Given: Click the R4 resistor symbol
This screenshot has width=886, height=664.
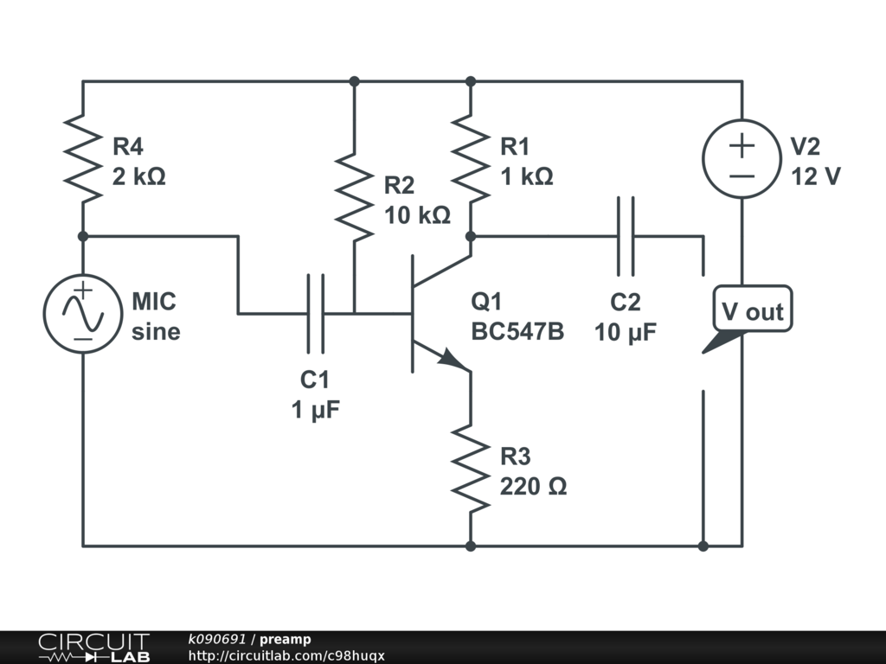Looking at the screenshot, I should [83, 158].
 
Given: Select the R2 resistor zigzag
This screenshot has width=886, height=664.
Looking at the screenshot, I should [355, 196].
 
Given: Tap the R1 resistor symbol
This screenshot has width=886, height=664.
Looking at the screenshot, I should [471, 158].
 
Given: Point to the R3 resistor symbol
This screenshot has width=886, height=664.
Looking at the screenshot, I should [471, 469].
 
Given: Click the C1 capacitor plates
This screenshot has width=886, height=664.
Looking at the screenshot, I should [316, 313].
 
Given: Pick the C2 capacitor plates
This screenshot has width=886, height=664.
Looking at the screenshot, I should [626, 235].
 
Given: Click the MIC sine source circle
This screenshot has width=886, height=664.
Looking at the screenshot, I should [83, 314].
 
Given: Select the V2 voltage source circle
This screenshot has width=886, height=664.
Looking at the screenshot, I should [742, 158].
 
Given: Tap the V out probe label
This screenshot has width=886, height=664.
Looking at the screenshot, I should [752, 312].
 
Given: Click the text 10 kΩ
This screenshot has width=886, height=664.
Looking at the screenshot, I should [418, 215].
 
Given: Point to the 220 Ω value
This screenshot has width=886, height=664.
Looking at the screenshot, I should [533, 487].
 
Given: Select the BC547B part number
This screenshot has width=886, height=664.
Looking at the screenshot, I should [517, 331].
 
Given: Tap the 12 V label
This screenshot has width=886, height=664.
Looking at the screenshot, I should [815, 176].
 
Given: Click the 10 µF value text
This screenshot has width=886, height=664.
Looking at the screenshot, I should [626, 332].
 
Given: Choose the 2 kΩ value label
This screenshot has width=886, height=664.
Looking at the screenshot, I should [138, 176].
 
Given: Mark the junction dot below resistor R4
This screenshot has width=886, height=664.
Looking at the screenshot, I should [83, 235].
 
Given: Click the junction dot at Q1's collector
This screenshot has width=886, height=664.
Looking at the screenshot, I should [471, 235].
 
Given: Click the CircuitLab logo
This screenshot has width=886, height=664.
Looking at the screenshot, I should [93, 648].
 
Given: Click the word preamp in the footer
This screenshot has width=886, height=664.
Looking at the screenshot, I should [286, 639].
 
